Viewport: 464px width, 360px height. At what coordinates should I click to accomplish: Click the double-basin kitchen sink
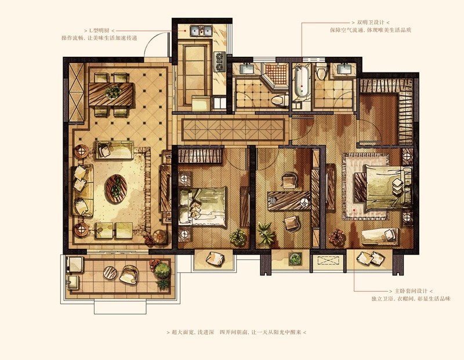click(201, 31)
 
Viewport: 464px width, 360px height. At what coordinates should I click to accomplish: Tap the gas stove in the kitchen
click(219, 61)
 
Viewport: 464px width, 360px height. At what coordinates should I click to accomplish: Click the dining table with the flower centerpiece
click(111, 94)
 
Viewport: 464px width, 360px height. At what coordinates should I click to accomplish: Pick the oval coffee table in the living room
click(116, 188)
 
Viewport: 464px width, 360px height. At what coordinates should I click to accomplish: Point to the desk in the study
click(289, 201)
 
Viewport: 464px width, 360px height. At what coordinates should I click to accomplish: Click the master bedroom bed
click(383, 188)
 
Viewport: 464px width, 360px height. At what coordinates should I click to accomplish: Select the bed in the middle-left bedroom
click(202, 207)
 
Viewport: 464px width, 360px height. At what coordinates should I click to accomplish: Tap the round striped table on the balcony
click(110, 272)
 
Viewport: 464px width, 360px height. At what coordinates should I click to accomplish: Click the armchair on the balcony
click(128, 275)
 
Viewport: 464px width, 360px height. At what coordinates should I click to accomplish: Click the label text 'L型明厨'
click(99, 31)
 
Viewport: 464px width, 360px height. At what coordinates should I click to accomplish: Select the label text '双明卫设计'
click(371, 23)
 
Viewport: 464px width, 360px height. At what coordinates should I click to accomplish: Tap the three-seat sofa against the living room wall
click(82, 191)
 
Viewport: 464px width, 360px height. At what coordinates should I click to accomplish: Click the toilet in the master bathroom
click(321, 71)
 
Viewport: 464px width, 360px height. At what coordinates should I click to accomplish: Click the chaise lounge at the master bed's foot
click(380, 237)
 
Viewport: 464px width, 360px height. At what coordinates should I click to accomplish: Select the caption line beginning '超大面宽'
click(236, 332)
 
